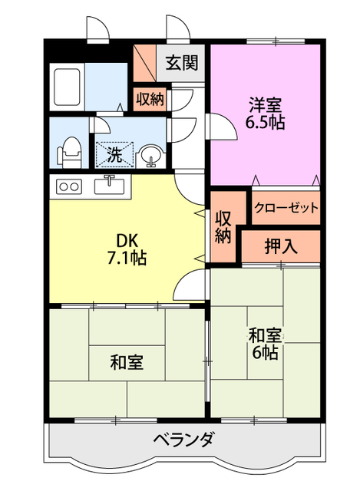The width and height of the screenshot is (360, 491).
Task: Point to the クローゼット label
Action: (x=286, y=207)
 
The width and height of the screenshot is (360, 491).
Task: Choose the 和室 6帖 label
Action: (x=265, y=344)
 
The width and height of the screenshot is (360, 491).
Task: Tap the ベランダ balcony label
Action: (x=183, y=441)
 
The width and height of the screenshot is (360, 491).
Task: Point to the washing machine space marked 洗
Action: (x=114, y=153)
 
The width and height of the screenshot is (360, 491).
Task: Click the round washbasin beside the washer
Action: (x=152, y=156)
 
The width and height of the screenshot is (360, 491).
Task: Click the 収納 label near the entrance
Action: (x=150, y=98)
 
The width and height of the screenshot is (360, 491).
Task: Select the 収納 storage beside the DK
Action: (x=223, y=226)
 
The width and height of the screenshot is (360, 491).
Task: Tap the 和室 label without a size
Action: (x=126, y=362)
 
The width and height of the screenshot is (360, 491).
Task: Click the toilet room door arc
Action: (x=102, y=127)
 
